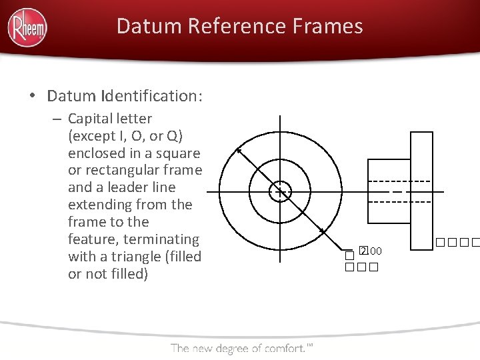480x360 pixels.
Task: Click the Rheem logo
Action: [x=27, y=28]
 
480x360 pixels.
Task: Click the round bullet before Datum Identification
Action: [x=33, y=97]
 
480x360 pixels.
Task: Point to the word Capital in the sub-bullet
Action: [x=92, y=119]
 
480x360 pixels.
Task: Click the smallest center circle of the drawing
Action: [x=279, y=192]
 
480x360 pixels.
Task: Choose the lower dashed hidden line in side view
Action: [x=400, y=202]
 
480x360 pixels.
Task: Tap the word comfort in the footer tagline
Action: [x=283, y=347]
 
